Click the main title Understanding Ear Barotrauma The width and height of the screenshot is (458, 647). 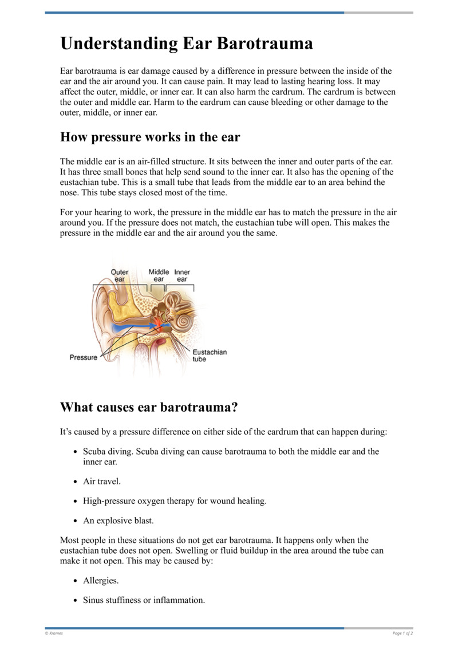pyautogui.click(x=187, y=44)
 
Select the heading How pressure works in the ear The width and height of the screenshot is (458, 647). pyautogui.click(x=150, y=137)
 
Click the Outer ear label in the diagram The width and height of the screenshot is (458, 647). pyautogui.click(x=120, y=275)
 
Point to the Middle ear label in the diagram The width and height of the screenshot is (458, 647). pyautogui.click(x=159, y=275)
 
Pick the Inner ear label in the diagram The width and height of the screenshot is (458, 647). pyautogui.click(x=182, y=275)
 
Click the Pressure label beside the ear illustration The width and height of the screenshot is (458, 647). pyautogui.click(x=83, y=358)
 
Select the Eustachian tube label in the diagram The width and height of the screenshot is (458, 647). pyautogui.click(x=209, y=356)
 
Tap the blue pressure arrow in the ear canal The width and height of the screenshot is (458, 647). pyautogui.click(x=129, y=328)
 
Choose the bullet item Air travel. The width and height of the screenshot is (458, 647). pyautogui.click(x=101, y=482)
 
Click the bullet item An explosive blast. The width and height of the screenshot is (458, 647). pyautogui.click(x=118, y=520)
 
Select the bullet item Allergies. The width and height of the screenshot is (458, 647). pyautogui.click(x=101, y=581)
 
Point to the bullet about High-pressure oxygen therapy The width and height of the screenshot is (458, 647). pyautogui.click(x=175, y=501)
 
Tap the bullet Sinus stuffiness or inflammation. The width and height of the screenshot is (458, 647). pyautogui.click(x=144, y=600)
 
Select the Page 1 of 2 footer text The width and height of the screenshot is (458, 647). pyautogui.click(x=402, y=633)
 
